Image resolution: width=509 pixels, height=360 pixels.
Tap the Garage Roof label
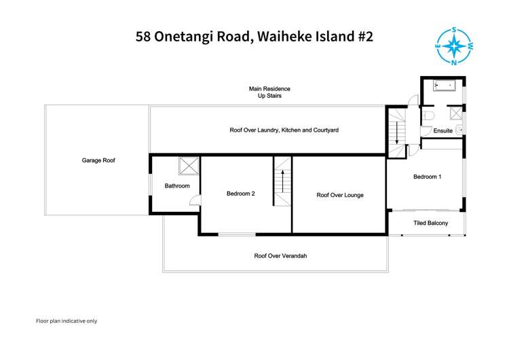pos(99,160)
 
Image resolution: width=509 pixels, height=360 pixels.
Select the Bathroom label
pos(177,185)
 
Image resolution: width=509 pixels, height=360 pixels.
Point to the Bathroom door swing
pos(195,200)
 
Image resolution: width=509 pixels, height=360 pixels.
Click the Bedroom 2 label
pos(240,194)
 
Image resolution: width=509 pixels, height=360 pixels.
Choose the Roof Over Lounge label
pos(340,195)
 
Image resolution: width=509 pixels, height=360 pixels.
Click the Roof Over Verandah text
pos(276,256)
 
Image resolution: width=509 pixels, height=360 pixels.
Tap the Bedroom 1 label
pos(428,177)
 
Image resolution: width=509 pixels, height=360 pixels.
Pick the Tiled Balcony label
pos(431,223)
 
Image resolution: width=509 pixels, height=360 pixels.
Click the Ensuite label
pos(443,130)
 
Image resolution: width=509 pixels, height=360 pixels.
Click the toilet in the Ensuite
pos(428,117)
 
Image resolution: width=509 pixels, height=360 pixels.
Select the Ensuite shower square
pos(455,113)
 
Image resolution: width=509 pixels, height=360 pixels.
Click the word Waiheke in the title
pos(275,36)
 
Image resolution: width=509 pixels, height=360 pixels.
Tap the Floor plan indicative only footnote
pos(67,321)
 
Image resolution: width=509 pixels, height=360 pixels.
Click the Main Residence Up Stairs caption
pos(269,92)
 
